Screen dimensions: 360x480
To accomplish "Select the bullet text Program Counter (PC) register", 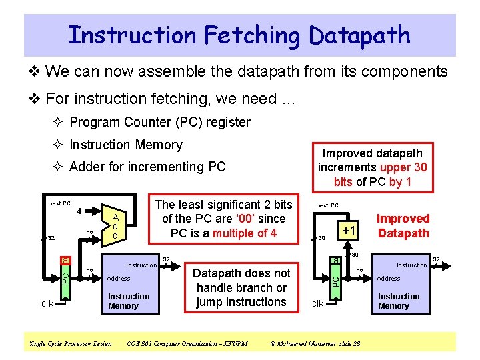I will click(x=159, y=122).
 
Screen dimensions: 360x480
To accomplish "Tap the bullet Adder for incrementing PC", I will click(x=147, y=167).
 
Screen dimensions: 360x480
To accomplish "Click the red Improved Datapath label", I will click(x=403, y=225).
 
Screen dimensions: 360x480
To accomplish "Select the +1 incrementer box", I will click(x=348, y=231).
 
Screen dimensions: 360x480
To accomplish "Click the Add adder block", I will click(x=115, y=227).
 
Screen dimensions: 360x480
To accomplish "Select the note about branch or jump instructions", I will click(x=241, y=287).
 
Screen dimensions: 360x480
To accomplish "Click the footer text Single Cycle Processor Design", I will click(x=70, y=343).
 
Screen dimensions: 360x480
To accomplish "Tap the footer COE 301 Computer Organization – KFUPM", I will click(x=187, y=343).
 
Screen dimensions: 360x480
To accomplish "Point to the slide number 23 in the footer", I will click(x=357, y=343).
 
